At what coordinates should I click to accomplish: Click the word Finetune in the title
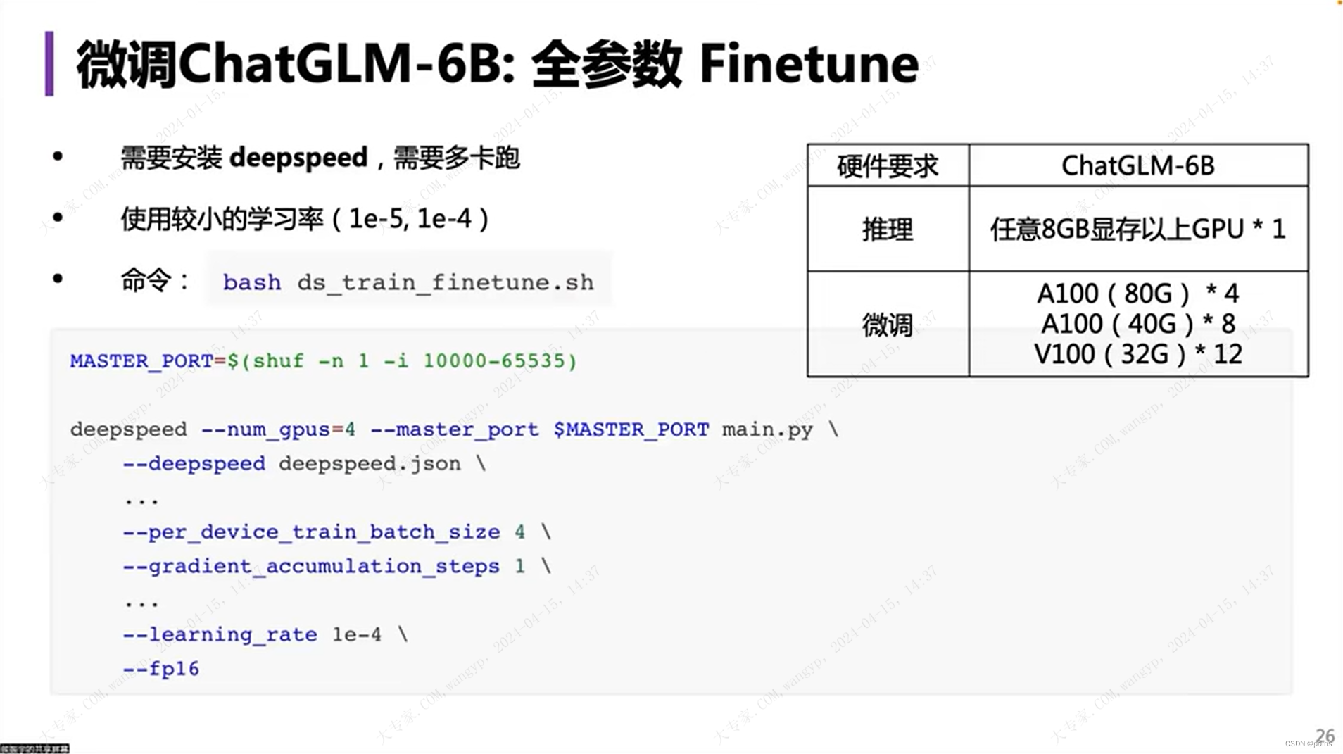click(809, 64)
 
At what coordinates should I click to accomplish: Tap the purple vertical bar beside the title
click(49, 63)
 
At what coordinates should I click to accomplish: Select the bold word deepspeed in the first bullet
click(298, 158)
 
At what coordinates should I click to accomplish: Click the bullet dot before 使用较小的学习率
click(58, 218)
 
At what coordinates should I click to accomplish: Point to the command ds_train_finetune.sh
click(445, 282)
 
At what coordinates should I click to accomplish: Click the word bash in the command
click(251, 282)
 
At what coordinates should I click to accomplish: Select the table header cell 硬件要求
click(887, 166)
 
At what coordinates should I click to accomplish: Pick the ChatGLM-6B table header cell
click(1137, 166)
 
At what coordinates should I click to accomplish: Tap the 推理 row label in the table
click(887, 230)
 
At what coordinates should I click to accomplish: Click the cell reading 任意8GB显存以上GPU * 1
click(1137, 230)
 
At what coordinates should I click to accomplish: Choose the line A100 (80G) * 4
click(1137, 294)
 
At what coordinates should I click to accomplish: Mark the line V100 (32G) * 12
click(1137, 354)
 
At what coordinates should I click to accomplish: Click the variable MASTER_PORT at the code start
click(141, 361)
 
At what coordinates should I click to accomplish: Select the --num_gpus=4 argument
click(278, 429)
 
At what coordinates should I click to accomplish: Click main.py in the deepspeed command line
click(767, 429)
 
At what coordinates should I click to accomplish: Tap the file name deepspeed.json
click(370, 464)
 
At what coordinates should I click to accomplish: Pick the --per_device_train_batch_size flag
click(311, 532)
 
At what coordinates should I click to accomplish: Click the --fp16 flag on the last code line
click(161, 669)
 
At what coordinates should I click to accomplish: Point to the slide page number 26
click(1325, 735)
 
